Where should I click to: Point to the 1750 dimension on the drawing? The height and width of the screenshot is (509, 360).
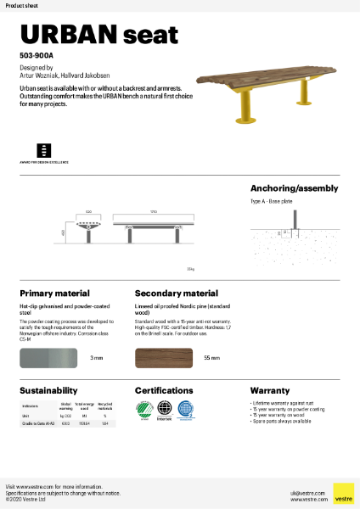point(154,212)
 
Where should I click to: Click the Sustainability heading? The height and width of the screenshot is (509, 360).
point(49,391)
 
